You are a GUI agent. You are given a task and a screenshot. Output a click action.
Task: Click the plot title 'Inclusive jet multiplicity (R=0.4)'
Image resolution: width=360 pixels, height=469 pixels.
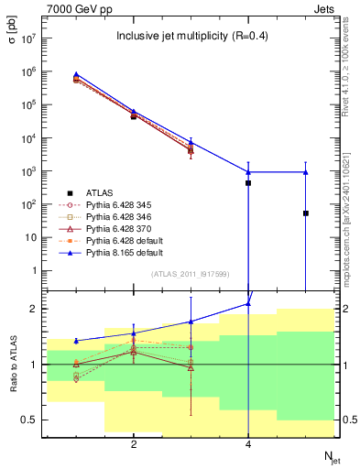[190, 37]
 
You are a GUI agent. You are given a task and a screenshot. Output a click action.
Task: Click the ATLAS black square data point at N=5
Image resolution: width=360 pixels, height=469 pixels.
[305, 213]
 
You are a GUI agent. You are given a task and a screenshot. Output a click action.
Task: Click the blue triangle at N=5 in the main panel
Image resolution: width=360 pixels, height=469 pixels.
[305, 171]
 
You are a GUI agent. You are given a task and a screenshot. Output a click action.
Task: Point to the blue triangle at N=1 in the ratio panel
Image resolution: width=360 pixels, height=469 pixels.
[76, 341]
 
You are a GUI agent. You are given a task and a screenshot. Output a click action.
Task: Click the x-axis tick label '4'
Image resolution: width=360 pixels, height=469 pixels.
[248, 444]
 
